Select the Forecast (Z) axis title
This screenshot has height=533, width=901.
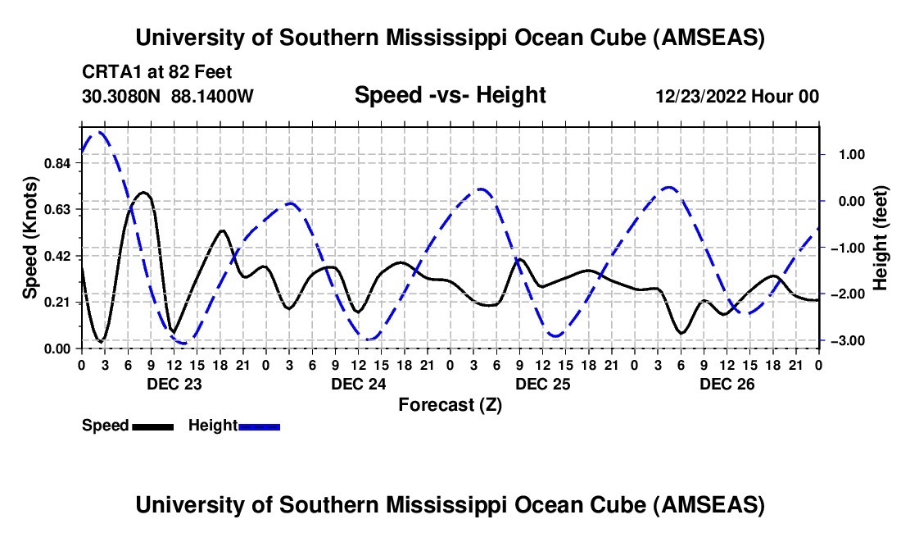(x=449, y=404)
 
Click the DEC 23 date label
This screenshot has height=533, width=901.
(x=173, y=383)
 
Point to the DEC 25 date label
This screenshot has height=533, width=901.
(x=541, y=383)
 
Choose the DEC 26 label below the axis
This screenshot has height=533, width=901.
(x=726, y=383)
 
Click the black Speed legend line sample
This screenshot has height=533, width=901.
(x=152, y=426)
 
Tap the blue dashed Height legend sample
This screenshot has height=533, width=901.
(x=260, y=426)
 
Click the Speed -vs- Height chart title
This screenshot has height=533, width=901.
(x=450, y=95)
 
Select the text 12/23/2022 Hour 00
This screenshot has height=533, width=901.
(x=737, y=96)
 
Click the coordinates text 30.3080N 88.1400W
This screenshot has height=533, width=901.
(x=168, y=96)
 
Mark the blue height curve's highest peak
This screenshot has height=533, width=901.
(x=99, y=132)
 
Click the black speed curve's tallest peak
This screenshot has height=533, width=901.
(x=143, y=193)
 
